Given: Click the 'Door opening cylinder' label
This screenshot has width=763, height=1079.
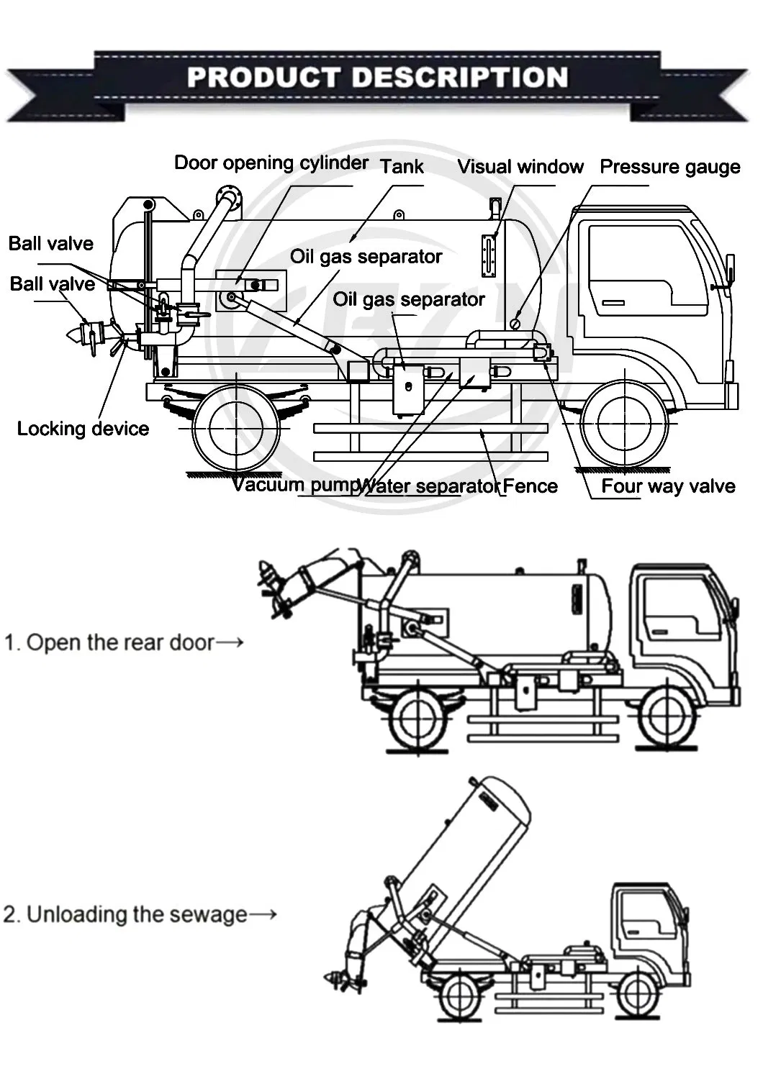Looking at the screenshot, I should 271,163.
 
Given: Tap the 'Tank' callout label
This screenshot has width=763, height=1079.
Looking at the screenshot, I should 402,167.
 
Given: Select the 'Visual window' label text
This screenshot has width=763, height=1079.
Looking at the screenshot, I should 520,167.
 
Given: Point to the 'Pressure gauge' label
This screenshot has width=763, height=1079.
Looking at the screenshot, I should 669,167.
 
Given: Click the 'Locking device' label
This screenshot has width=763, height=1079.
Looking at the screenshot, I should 83,429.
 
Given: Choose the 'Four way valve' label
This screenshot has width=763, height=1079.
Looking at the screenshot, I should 668,486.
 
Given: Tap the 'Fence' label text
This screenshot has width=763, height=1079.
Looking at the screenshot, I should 531,486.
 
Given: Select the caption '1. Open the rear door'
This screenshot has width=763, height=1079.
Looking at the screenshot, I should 109,642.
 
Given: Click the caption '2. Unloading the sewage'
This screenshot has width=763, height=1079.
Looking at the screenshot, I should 125,914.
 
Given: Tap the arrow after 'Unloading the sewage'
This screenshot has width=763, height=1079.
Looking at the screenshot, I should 263,914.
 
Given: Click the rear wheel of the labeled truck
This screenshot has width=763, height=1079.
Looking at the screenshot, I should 235,427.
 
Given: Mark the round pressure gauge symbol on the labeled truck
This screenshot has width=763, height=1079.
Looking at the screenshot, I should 515,324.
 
